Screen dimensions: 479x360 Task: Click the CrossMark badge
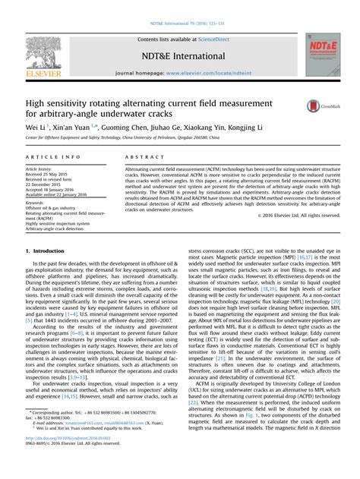coord(317,109)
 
